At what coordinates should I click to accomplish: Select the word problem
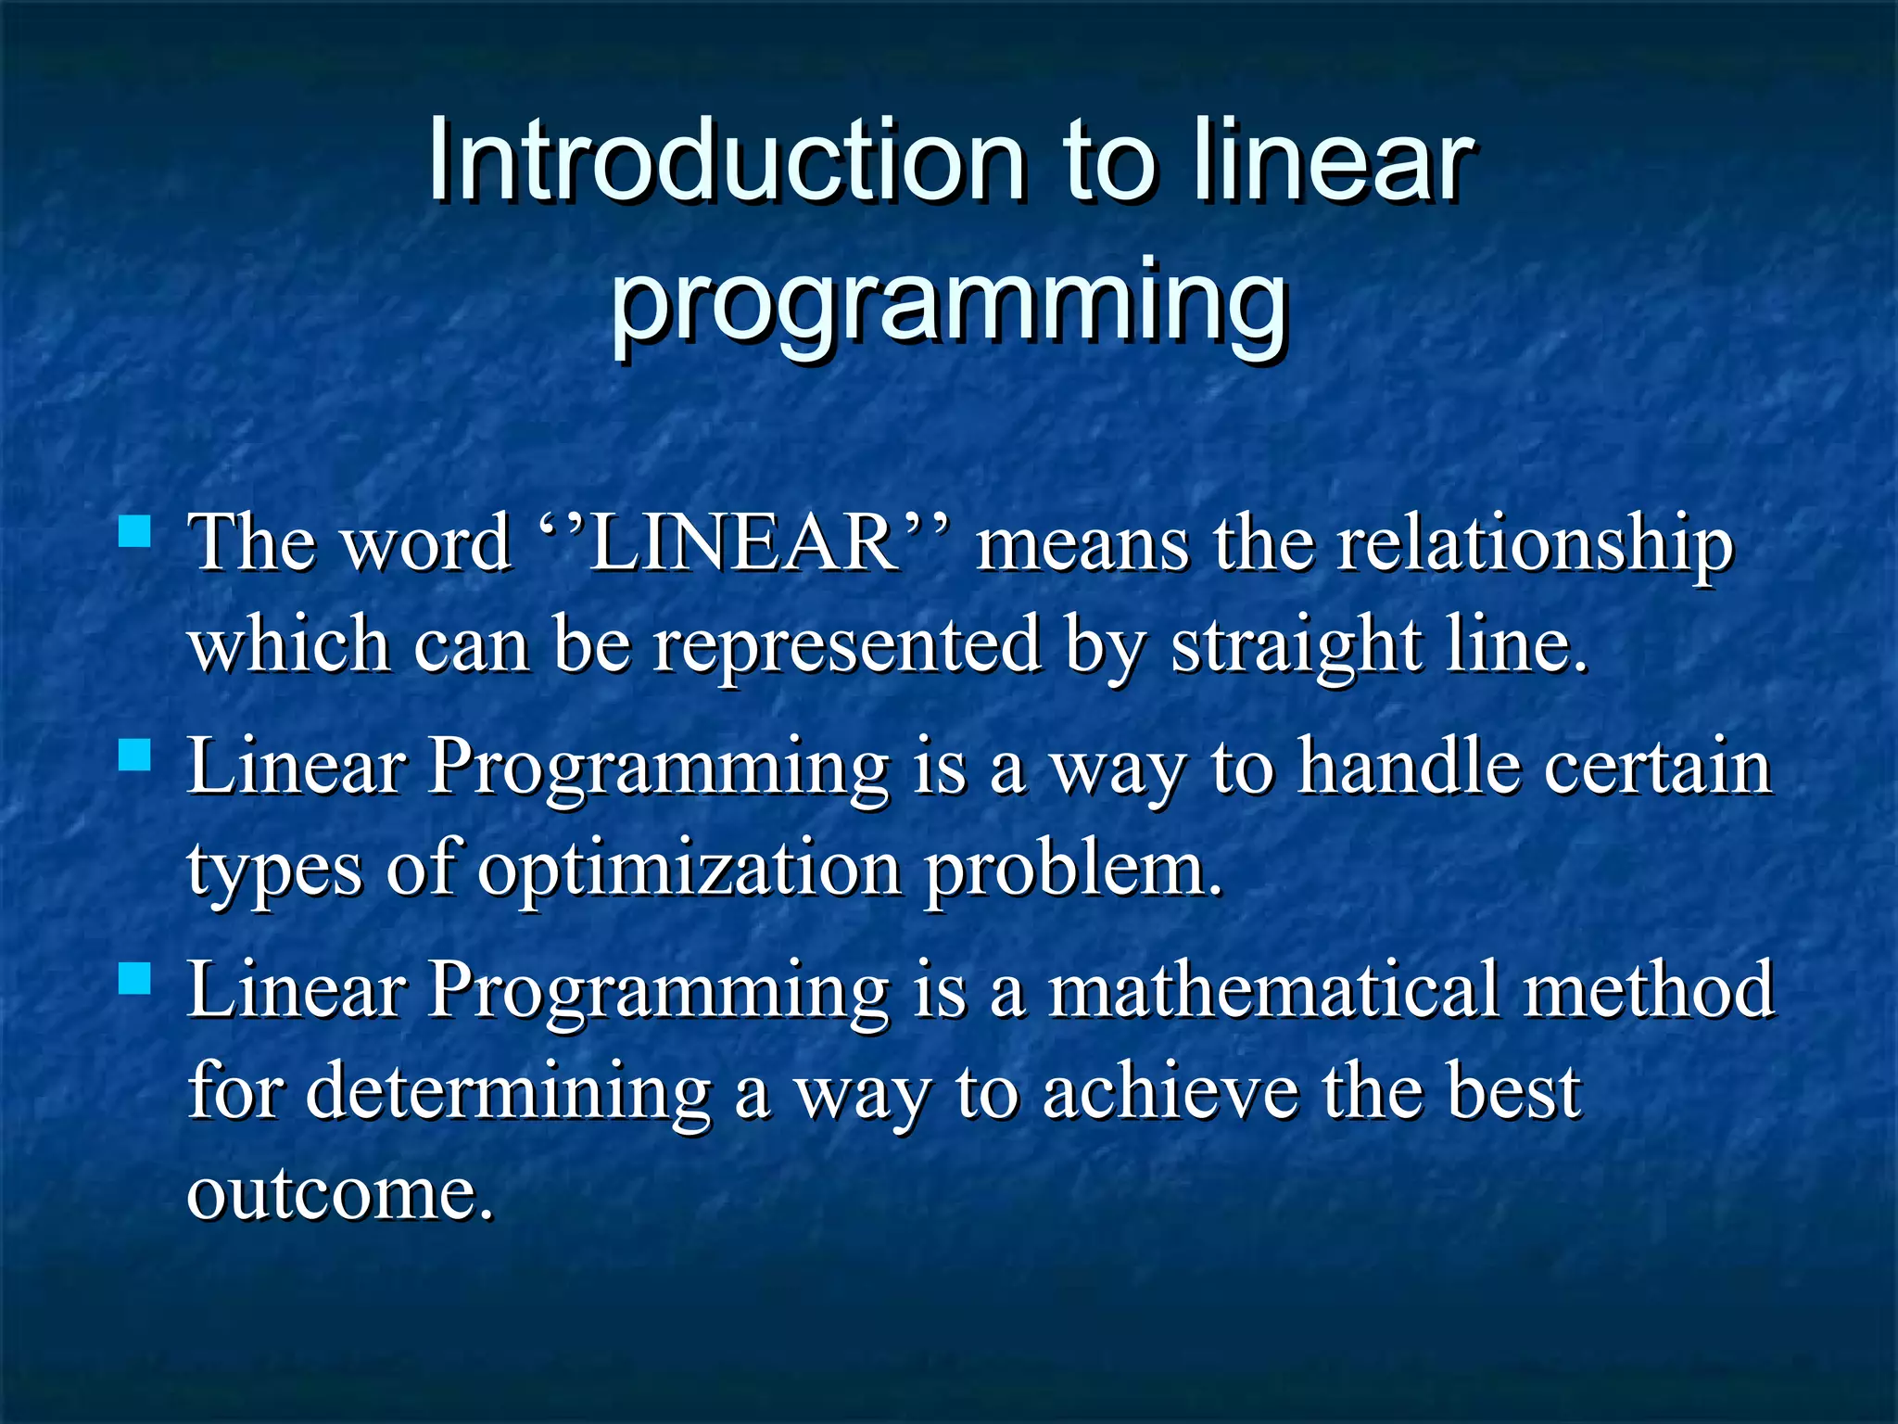click(x=1074, y=870)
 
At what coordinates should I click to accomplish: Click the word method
click(x=1649, y=990)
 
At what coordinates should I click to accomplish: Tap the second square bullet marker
click(x=135, y=755)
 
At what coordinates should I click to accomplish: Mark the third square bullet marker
click(x=135, y=978)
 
